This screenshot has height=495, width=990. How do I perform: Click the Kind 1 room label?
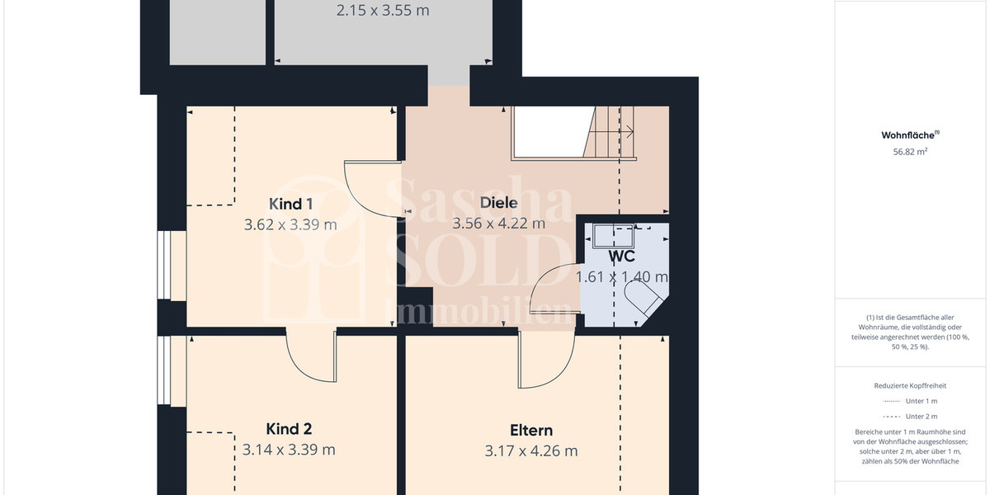[290, 204]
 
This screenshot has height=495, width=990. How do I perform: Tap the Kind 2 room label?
[289, 429]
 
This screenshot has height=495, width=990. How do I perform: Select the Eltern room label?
[530, 430]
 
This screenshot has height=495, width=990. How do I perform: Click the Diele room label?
[498, 202]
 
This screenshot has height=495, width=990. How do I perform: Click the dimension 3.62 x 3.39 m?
[290, 224]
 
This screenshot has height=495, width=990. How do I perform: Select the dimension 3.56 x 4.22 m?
[498, 223]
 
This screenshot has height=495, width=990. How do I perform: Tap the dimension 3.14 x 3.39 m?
[289, 450]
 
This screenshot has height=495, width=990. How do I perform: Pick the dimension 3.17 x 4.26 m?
[530, 450]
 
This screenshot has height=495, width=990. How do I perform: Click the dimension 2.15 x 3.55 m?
[383, 12]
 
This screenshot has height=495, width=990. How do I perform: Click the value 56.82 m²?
[911, 152]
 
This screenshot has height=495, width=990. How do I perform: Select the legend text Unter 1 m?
[921, 401]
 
